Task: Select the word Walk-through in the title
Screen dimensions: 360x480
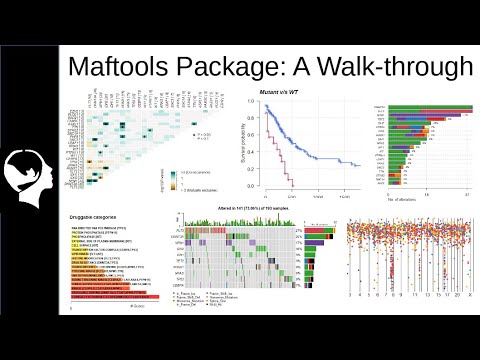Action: [x=405, y=67]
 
